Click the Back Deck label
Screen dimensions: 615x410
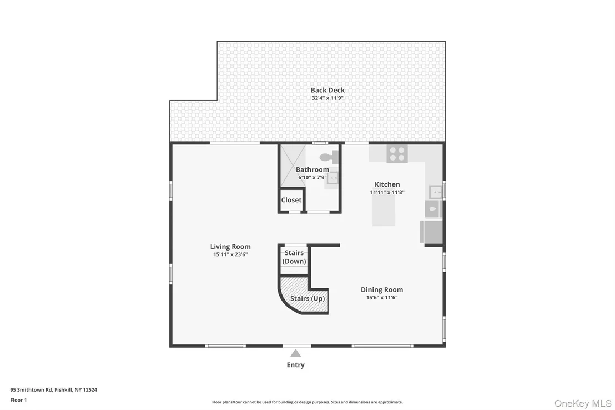(x=327, y=90)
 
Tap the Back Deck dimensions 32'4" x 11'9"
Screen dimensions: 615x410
(x=327, y=98)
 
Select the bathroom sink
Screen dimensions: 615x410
(x=332, y=178)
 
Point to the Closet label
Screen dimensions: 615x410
(x=291, y=200)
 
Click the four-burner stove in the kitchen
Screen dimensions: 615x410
(x=397, y=153)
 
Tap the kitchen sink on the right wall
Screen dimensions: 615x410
(x=436, y=192)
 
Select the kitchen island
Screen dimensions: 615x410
(x=384, y=210)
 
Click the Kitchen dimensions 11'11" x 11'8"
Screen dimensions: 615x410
(x=387, y=192)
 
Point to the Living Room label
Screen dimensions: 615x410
(x=230, y=247)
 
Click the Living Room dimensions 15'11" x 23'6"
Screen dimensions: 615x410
(x=230, y=254)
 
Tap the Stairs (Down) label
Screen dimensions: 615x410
(x=294, y=257)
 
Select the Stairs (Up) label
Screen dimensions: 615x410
(x=307, y=298)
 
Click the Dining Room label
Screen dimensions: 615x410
(x=382, y=290)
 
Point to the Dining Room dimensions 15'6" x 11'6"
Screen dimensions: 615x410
(x=382, y=298)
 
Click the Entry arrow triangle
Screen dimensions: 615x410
(x=296, y=353)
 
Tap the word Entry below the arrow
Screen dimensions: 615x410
(x=296, y=365)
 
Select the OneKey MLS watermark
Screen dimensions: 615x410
(x=583, y=403)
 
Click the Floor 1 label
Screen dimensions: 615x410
(x=18, y=400)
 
